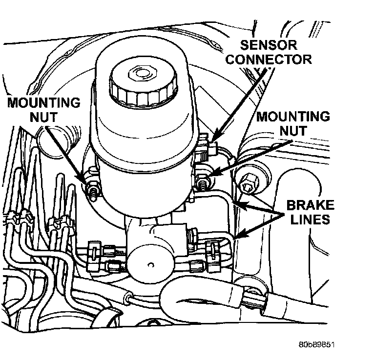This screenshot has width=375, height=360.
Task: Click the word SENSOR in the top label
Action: pyautogui.click(x=269, y=45)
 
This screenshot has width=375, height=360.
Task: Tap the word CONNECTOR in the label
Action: pyautogui.click(x=269, y=59)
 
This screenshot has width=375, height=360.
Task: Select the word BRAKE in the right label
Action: pyautogui.click(x=310, y=205)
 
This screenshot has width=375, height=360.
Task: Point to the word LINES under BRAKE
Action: pyautogui.click(x=310, y=219)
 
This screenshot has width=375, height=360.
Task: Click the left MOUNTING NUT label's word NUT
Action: pyautogui.click(x=43, y=117)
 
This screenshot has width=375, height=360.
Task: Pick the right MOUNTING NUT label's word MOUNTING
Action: pyautogui.click(x=293, y=117)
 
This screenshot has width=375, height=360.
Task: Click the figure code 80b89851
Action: pyautogui.click(x=316, y=344)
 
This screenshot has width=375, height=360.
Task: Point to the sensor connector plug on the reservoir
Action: pyautogui.click(x=211, y=149)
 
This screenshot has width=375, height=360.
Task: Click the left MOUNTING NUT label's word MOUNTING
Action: pyautogui.click(x=44, y=103)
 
